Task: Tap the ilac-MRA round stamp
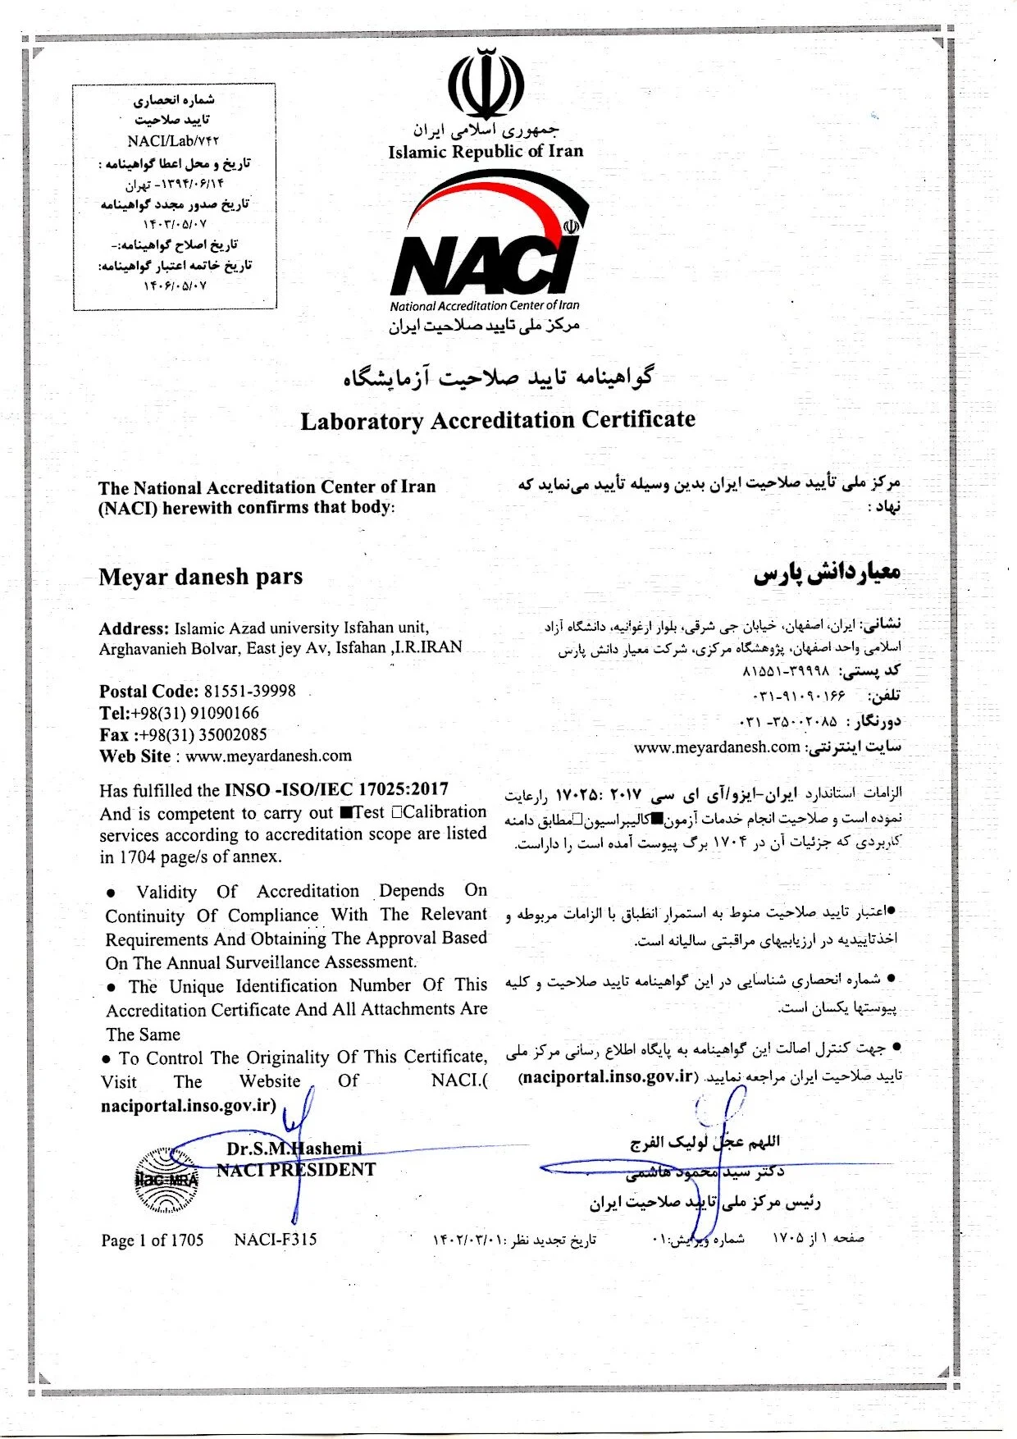(166, 1181)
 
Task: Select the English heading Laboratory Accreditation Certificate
(498, 420)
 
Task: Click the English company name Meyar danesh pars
(201, 577)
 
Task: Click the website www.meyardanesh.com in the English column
(269, 756)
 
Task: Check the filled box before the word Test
(345, 813)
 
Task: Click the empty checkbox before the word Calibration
(397, 812)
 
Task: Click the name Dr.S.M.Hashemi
(294, 1149)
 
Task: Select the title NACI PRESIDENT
(296, 1170)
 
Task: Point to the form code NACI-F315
(275, 1240)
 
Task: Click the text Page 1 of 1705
(153, 1240)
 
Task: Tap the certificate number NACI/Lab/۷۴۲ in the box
(173, 141)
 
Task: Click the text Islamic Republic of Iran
(486, 151)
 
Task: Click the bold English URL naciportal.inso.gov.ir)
(189, 1105)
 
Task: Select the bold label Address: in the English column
(134, 629)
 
